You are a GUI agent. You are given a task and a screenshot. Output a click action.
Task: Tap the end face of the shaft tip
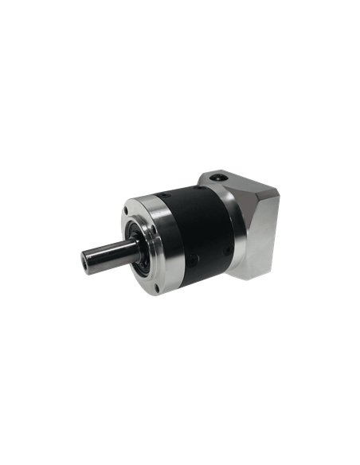click(x=88, y=260)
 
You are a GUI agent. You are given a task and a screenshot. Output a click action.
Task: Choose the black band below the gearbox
click(x=180, y=326)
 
